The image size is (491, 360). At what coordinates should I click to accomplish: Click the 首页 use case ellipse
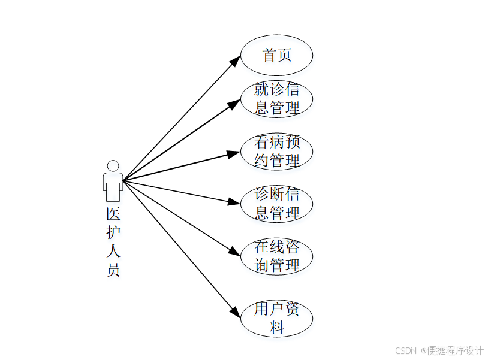(x=276, y=55)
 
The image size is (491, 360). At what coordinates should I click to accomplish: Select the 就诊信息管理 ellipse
(x=276, y=99)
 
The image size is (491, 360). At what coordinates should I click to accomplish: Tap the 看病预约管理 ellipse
(x=276, y=152)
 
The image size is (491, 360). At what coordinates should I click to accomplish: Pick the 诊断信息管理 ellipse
(x=276, y=204)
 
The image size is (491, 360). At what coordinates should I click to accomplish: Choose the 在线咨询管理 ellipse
(x=276, y=256)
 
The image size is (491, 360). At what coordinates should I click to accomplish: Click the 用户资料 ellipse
(x=276, y=319)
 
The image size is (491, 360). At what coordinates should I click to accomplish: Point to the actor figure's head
(x=113, y=166)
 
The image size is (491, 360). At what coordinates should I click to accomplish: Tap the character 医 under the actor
(x=113, y=214)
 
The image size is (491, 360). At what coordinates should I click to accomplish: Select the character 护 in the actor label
(x=113, y=232)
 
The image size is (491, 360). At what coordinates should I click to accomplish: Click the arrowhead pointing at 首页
(x=235, y=60)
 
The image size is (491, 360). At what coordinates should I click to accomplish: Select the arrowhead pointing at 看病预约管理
(x=234, y=153)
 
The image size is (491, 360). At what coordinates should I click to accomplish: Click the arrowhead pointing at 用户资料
(x=235, y=311)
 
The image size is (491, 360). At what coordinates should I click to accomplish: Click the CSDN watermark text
(x=406, y=350)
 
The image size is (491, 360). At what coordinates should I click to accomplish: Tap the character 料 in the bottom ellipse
(x=276, y=328)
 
